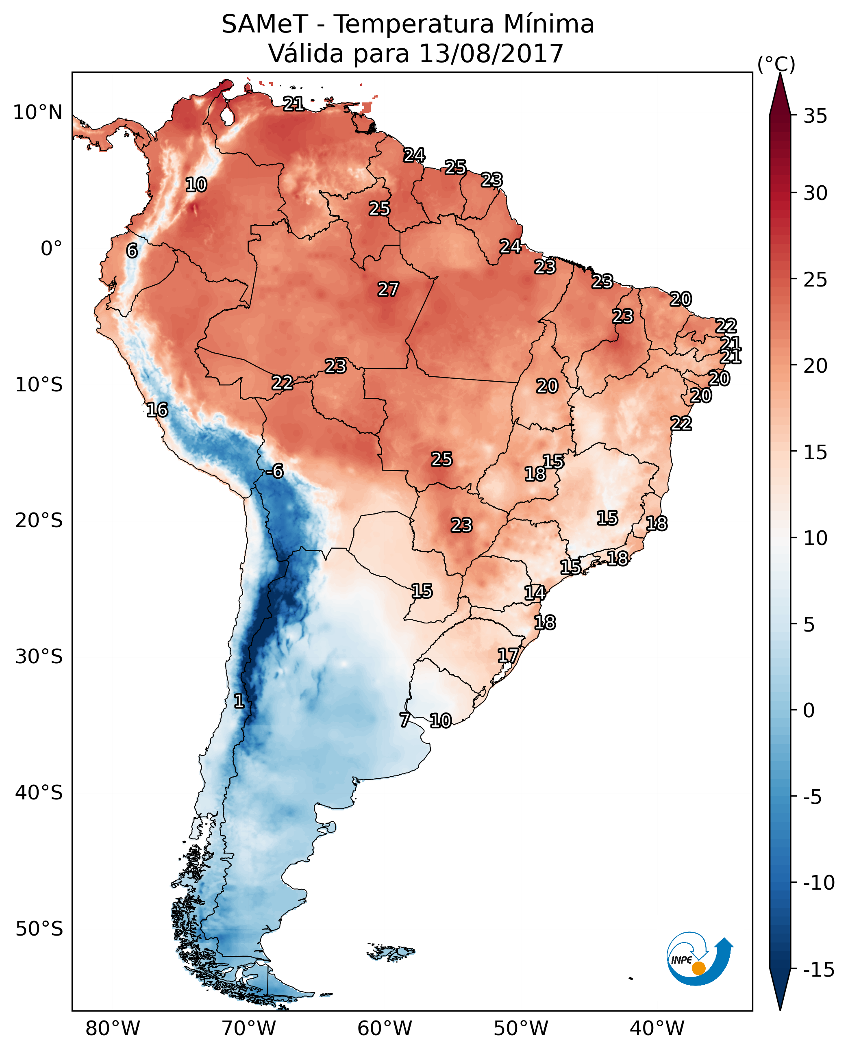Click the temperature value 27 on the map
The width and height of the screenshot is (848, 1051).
[388, 290]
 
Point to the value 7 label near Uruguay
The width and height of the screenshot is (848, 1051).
[404, 720]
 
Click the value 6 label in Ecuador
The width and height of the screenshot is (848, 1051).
[132, 251]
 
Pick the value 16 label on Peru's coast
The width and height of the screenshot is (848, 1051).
[157, 410]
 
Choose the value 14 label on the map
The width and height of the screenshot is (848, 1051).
[535, 593]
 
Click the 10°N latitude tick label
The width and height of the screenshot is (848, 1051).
[38, 113]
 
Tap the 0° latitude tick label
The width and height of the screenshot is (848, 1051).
[51, 249]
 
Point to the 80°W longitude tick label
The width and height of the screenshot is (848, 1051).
[113, 1028]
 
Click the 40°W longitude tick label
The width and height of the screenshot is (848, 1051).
[657, 1028]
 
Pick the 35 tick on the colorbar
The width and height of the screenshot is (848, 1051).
[815, 116]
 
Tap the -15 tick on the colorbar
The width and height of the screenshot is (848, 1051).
[819, 969]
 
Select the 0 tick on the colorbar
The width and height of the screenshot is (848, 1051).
[809, 710]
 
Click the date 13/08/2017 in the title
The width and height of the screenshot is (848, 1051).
[491, 54]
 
